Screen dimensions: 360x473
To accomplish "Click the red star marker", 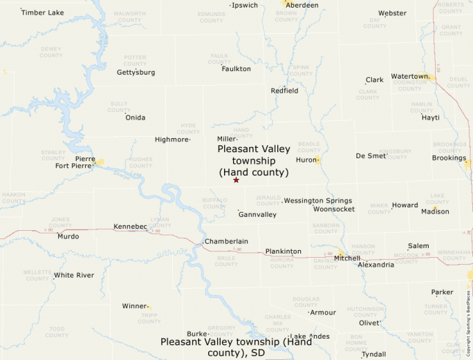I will (236, 180).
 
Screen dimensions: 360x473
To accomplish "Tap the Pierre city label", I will (85, 158).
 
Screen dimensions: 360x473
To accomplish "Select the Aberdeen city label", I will (302, 5).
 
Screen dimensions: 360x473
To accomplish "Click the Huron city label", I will (306, 160).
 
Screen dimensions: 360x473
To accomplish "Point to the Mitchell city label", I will (347, 258).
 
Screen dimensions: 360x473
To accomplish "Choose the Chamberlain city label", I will (226, 241).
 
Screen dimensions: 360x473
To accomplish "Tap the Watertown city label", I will (410, 76).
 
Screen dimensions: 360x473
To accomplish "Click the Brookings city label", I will (449, 158).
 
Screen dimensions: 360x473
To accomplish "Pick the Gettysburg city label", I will (136, 72).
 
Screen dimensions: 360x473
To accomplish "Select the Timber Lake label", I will (43, 12).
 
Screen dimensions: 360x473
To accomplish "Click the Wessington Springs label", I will (318, 200).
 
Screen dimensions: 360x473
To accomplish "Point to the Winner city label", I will (134, 305).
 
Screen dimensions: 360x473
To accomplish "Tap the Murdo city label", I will (68, 236).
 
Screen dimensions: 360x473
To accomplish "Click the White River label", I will (74, 275).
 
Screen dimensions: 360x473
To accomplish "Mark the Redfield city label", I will (284, 91).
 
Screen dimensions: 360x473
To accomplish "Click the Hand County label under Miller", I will (243, 132).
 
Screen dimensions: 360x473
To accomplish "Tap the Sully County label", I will (119, 106).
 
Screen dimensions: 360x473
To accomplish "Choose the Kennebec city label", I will (131, 226).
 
